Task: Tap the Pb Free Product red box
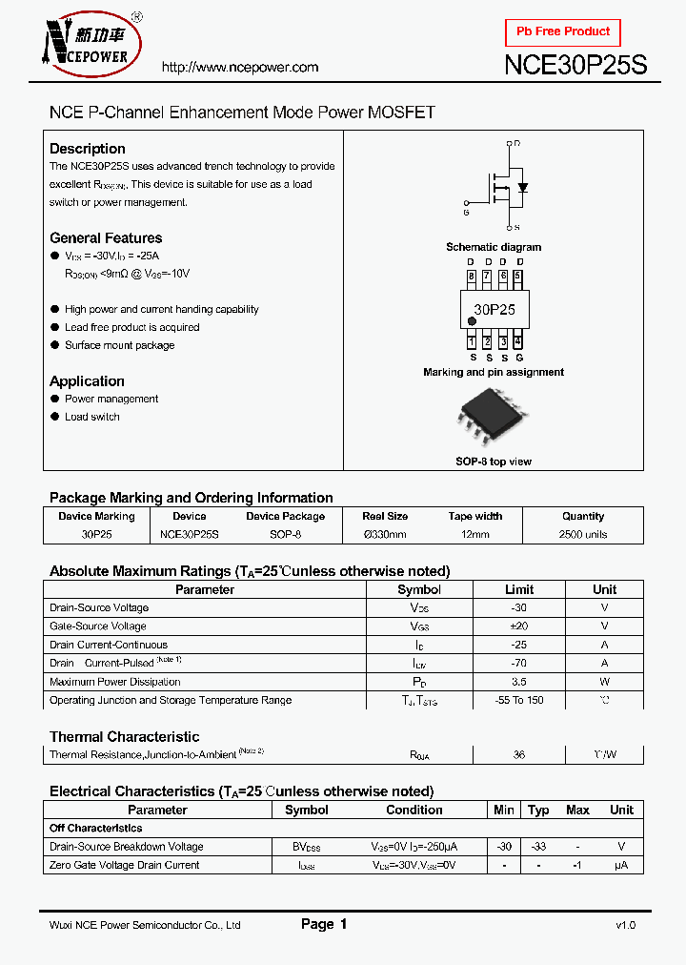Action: [x=562, y=31]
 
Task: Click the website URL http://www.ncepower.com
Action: [x=240, y=68]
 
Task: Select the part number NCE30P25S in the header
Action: [x=575, y=66]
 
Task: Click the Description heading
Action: [x=88, y=149]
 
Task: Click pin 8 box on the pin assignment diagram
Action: [x=471, y=277]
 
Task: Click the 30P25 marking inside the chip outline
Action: [x=494, y=309]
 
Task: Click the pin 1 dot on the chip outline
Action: [x=472, y=322]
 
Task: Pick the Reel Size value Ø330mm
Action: [x=385, y=534]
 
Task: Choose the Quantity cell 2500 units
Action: [x=583, y=534]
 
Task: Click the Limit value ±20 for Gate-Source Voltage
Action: [x=519, y=626]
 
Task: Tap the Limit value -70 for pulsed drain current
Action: [x=519, y=663]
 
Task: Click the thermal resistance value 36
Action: [x=519, y=754]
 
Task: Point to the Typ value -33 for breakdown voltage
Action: [x=538, y=847]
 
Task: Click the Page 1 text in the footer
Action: [x=324, y=924]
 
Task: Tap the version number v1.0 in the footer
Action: [x=625, y=925]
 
